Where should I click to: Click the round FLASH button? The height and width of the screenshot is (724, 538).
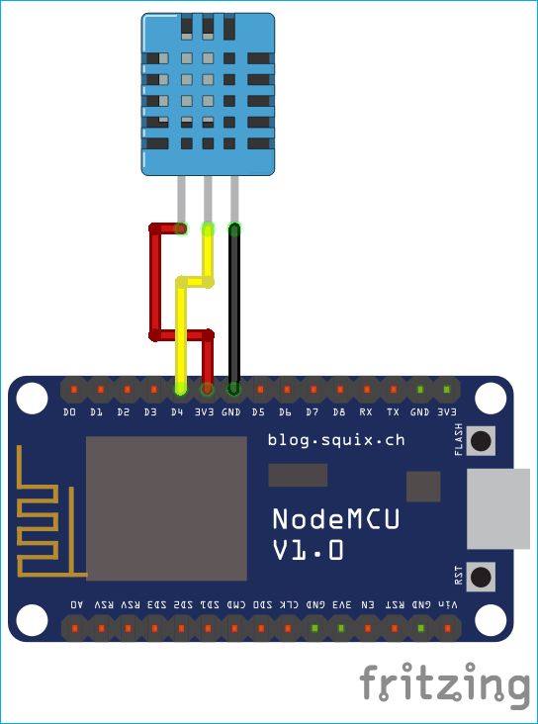[482, 439]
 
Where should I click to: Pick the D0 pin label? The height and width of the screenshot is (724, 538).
[69, 411]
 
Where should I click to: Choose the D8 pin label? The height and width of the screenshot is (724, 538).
[339, 411]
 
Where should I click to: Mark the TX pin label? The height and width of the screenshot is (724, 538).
[393, 411]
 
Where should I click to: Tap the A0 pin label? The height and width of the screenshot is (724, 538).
[77, 603]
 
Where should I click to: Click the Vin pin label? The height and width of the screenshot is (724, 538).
[448, 603]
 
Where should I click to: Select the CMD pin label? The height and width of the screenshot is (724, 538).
[237, 603]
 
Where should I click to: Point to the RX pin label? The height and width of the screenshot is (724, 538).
[366, 411]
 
